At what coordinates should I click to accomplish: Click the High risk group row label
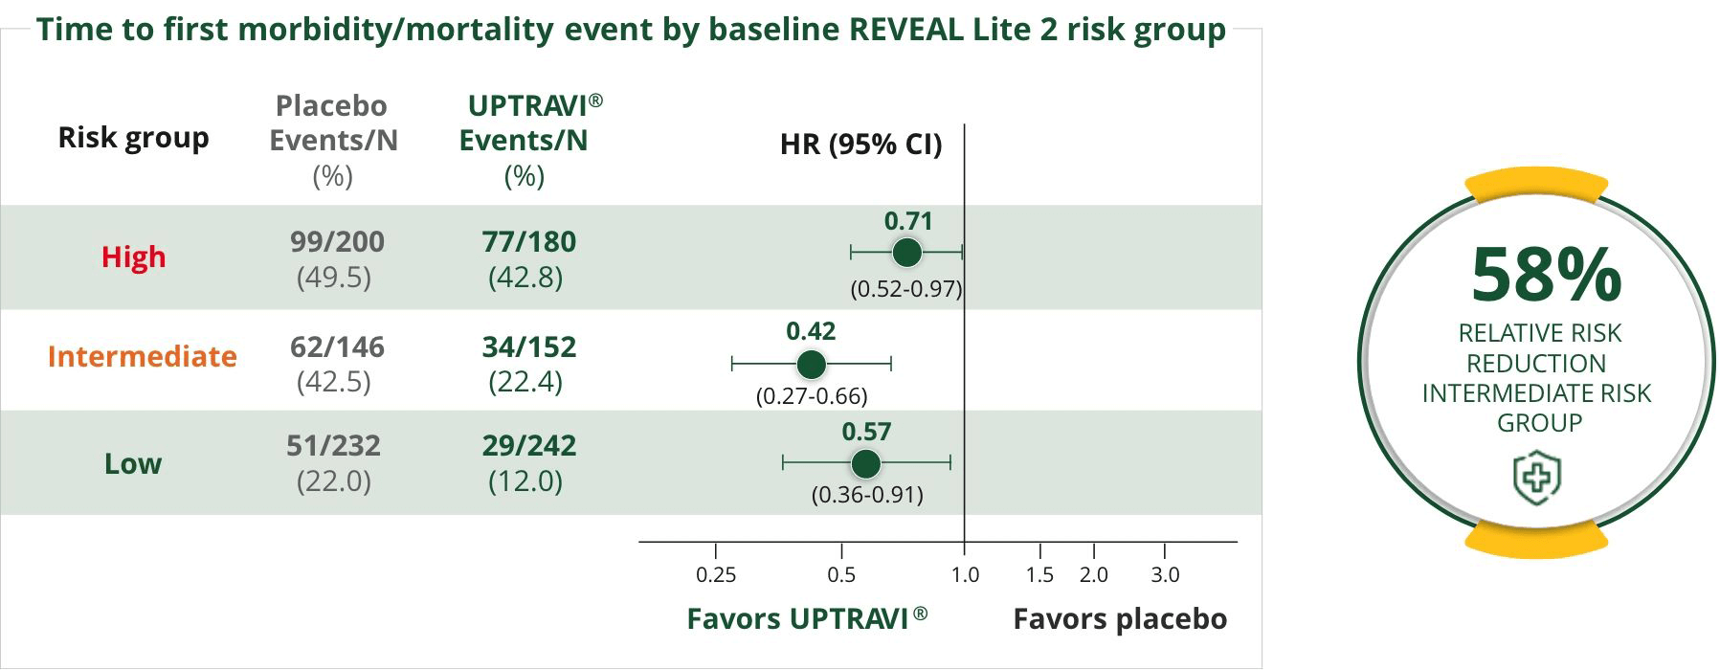click(133, 257)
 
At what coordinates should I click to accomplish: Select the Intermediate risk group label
click(142, 356)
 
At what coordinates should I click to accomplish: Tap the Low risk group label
click(132, 463)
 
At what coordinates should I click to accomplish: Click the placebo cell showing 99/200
click(337, 241)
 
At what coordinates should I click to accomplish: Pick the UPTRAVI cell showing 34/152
click(528, 346)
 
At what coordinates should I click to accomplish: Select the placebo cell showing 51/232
click(333, 445)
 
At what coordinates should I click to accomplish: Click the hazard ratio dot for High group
click(906, 253)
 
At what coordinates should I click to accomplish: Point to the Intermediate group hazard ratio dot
click(811, 365)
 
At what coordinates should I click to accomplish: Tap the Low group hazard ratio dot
click(865, 464)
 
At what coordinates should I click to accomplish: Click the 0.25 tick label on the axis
click(716, 575)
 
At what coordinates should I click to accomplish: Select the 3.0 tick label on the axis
click(1164, 575)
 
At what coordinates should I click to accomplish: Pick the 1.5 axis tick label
click(1039, 575)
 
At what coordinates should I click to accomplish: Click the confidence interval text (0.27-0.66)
click(812, 395)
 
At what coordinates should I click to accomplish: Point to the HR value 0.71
click(907, 221)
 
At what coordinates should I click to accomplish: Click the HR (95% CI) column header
click(860, 145)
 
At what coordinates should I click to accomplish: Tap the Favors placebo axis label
click(1119, 619)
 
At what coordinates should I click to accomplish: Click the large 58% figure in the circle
click(1545, 276)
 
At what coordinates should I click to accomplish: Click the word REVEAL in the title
click(905, 29)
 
